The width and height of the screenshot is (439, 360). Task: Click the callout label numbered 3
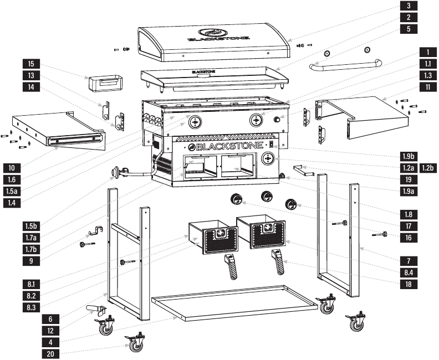point(408,6)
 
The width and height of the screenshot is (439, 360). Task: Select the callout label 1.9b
point(408,156)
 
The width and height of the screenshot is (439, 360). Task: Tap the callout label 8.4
point(408,272)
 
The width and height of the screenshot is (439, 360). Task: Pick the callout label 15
point(31,64)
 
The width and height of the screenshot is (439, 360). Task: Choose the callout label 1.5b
point(31,226)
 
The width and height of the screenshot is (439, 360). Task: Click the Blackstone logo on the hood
point(212,34)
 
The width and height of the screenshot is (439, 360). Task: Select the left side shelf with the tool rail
point(58,131)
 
